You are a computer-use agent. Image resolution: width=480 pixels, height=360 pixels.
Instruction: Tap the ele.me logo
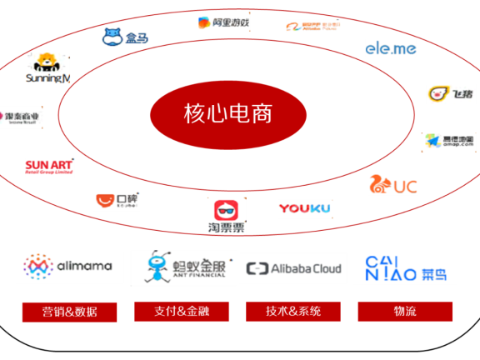(390, 48)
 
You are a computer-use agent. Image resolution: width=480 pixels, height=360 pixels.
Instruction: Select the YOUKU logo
(304, 207)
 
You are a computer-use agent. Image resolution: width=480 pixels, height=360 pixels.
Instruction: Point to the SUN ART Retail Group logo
(49, 165)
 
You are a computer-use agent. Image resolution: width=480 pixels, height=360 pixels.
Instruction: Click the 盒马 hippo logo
(124, 37)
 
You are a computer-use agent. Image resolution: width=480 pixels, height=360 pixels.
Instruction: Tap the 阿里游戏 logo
(224, 22)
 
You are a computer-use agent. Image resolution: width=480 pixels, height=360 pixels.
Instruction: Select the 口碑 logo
(117, 201)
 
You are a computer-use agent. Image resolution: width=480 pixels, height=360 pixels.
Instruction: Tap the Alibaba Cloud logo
(294, 268)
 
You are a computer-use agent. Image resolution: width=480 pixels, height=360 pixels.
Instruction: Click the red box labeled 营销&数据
(69, 312)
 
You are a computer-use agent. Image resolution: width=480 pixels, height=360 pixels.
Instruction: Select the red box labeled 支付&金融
(182, 312)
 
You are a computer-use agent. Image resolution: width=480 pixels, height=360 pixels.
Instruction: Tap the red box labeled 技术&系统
(293, 312)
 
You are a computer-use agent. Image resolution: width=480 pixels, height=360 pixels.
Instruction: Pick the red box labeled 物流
(405, 312)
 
